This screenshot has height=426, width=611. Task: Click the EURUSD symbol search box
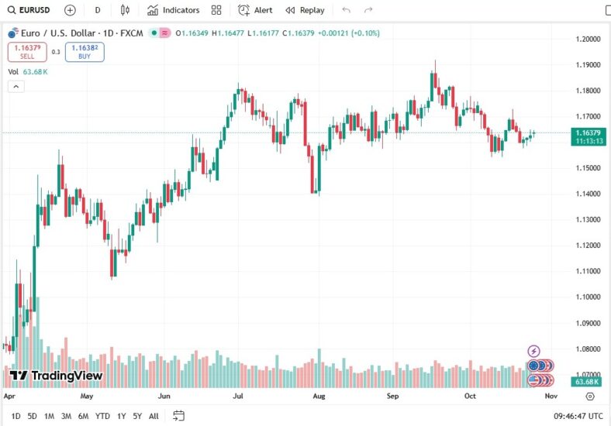pyautogui.click(x=29, y=10)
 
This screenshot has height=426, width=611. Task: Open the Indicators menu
pyautogui.click(x=173, y=10)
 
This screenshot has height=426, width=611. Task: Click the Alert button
pyautogui.click(x=255, y=10)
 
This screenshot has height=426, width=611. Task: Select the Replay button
pyautogui.click(x=305, y=10)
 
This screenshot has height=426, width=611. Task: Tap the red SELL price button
pyautogui.click(x=27, y=52)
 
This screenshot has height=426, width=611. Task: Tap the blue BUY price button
pyautogui.click(x=85, y=52)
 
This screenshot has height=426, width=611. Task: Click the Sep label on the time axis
pyautogui.click(x=393, y=395)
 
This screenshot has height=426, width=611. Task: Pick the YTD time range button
pyautogui.click(x=102, y=416)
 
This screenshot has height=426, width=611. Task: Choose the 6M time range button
pyautogui.click(x=83, y=416)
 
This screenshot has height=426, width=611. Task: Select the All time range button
pyautogui.click(x=154, y=416)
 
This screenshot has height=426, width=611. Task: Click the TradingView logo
pyautogui.click(x=56, y=376)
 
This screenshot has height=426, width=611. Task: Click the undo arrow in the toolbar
pyautogui.click(x=346, y=10)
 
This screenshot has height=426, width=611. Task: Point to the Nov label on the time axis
pyautogui.click(x=551, y=395)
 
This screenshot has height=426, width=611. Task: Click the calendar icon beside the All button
pyautogui.click(x=178, y=416)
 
